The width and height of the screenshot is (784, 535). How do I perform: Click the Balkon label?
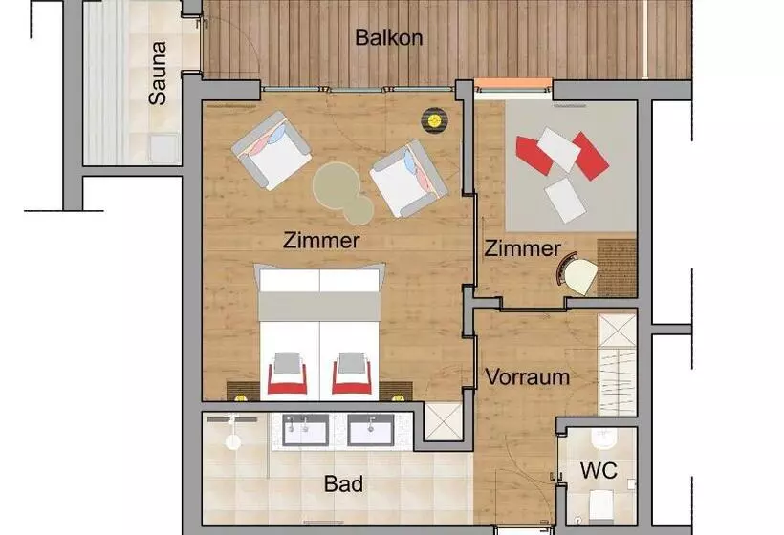tap(389, 37)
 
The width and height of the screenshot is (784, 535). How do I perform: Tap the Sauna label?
tap(158, 73)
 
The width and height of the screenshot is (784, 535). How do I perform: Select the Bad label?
tap(343, 483)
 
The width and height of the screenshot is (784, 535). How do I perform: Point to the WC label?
tap(599, 471)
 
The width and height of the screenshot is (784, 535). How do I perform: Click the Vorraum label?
tap(528, 377)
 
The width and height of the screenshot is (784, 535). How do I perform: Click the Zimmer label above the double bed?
tap(321, 241)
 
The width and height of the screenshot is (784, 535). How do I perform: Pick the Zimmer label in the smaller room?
tap(522, 248)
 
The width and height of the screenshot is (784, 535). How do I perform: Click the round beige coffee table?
tap(342, 192)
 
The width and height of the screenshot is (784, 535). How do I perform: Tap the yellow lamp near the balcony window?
tap(433, 119)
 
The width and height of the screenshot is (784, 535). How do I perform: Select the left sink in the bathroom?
tap(306, 430)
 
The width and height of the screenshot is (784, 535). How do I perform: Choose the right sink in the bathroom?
tap(371, 430)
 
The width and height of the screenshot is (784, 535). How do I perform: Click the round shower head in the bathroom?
tap(233, 441)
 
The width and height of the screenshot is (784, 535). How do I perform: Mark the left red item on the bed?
tap(288, 374)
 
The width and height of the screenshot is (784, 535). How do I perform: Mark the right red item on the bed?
tap(352, 374)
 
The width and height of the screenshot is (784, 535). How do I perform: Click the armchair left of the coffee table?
tap(271, 150)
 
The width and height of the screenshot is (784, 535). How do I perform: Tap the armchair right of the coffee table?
tap(408, 179)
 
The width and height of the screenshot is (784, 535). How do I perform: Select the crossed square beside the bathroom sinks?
tap(443, 421)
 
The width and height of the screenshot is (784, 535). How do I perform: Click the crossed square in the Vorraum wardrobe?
tap(617, 330)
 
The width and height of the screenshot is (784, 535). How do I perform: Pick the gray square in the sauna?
tap(163, 148)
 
